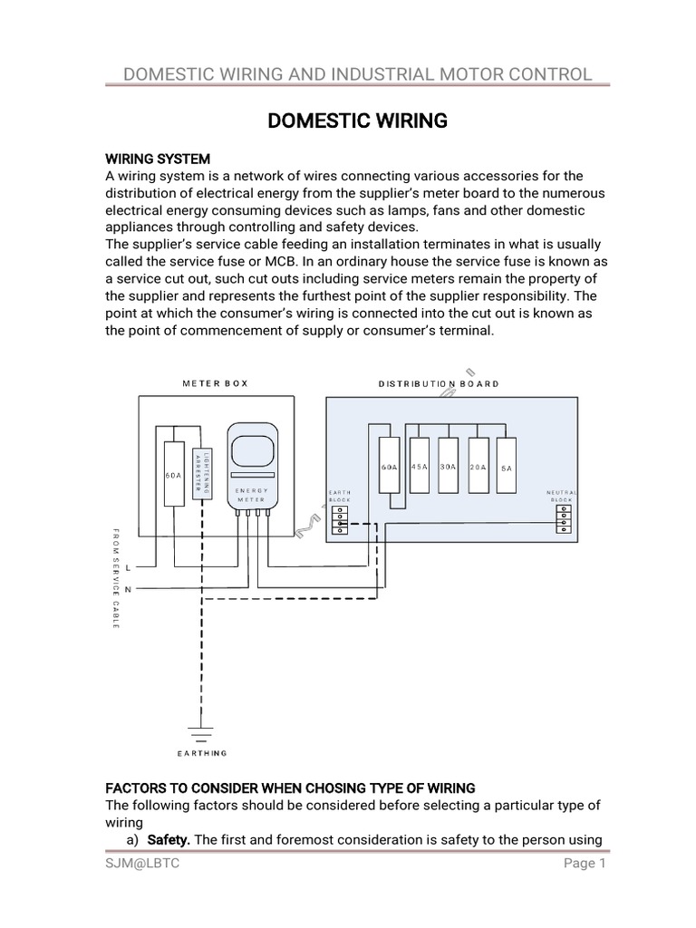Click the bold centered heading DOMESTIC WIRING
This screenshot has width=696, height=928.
click(x=357, y=121)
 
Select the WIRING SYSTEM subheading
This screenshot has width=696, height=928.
click(x=158, y=159)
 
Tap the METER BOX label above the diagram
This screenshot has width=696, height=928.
click(x=215, y=383)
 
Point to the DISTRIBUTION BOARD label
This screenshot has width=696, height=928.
click(x=439, y=383)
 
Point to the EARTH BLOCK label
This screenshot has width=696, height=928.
click(x=339, y=496)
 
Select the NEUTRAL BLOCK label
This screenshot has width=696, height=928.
click(x=562, y=496)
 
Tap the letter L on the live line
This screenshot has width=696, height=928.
click(x=128, y=568)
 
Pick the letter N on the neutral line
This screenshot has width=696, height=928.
click(x=128, y=589)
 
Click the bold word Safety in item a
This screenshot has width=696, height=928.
click(x=169, y=840)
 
